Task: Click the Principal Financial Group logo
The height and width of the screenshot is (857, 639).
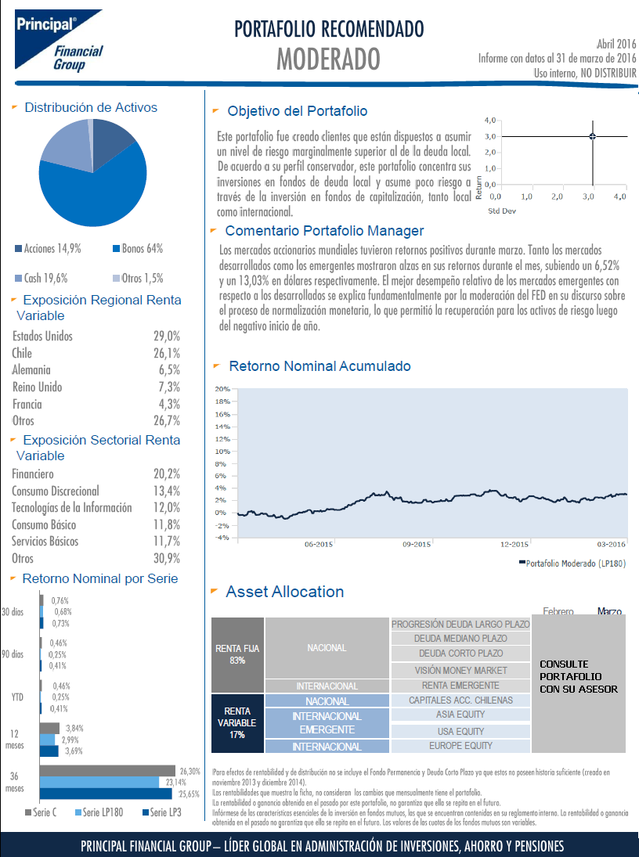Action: tap(59, 40)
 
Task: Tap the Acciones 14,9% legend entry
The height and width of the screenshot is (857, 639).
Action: tap(48, 249)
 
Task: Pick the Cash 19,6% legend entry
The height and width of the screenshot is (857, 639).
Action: tap(42, 278)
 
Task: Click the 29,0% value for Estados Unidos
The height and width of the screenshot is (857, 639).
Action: tap(167, 336)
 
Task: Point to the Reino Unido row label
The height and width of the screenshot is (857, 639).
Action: tap(38, 387)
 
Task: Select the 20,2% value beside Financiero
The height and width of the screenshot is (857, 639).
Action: tap(167, 474)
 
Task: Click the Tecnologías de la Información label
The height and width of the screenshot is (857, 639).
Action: tap(72, 508)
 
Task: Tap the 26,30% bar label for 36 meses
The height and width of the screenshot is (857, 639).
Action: tap(190, 772)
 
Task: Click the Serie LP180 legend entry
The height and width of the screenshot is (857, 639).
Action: tap(99, 812)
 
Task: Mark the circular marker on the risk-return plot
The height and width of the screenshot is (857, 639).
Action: tap(593, 136)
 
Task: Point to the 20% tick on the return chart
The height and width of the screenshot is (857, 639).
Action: tap(222, 389)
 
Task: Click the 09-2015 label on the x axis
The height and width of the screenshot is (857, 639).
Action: tap(417, 545)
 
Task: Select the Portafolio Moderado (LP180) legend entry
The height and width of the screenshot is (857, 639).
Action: tap(572, 564)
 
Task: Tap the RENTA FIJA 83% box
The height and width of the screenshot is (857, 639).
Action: tap(237, 655)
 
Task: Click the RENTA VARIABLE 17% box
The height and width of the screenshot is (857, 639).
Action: tap(237, 723)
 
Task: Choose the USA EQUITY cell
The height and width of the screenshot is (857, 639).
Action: tap(460, 731)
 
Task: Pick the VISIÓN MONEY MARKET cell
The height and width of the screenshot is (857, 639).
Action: tap(460, 670)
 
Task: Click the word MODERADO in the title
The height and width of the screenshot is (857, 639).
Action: tap(328, 59)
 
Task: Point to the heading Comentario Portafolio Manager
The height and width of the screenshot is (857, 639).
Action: tap(324, 231)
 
